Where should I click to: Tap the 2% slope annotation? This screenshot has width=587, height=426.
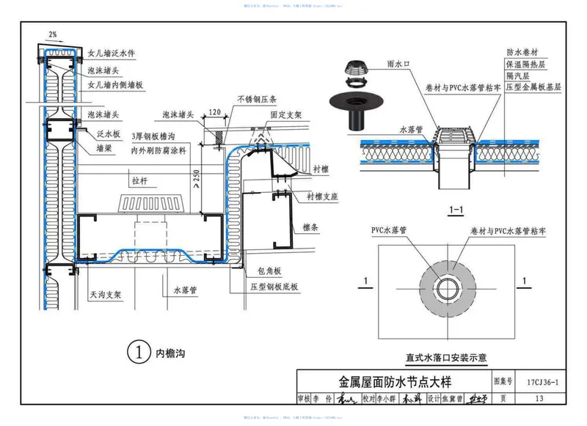pyautogui.click(x=52, y=34)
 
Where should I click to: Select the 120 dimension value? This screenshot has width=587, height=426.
pyautogui.click(x=214, y=112)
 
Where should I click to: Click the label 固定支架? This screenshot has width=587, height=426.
pyautogui.click(x=284, y=115)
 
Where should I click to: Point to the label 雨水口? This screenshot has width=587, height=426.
pyautogui.click(x=397, y=65)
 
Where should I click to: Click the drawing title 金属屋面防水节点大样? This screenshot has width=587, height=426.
pyautogui.click(x=395, y=382)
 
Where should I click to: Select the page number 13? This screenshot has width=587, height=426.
pyautogui.click(x=539, y=399)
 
